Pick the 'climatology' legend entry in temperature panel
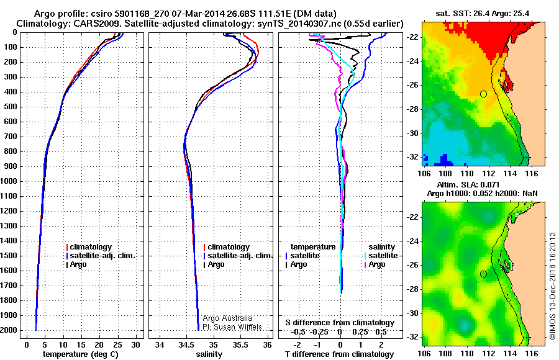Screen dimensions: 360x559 (x=91, y=247)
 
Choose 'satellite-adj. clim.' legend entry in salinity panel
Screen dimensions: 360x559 (x=240, y=256)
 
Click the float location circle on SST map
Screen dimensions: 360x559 (x=483, y=94)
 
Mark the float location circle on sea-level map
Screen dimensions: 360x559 (x=483, y=274)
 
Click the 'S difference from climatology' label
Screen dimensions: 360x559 (x=340, y=323)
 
